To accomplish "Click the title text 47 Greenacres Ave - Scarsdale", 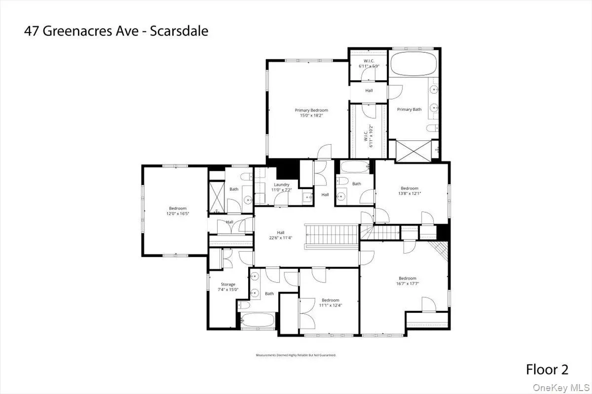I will [x=116, y=32].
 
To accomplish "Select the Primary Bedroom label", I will [x=311, y=110].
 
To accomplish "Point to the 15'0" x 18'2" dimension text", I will [x=311, y=116].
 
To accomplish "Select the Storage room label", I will [x=227, y=284].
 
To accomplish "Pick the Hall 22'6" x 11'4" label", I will [x=280, y=235].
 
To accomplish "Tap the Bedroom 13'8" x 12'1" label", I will [x=409, y=191].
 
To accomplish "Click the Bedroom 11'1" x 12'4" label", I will [x=330, y=302].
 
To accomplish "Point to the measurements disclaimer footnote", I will [x=296, y=355].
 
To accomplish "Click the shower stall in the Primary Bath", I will [x=413, y=150].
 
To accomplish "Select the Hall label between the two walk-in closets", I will [x=369, y=91].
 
